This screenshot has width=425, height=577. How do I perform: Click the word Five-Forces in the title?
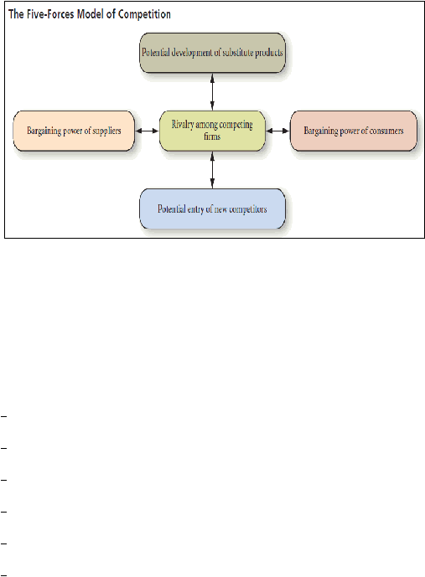pyautogui.click(x=50, y=14)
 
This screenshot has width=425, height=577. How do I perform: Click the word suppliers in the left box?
pyautogui.click(x=106, y=131)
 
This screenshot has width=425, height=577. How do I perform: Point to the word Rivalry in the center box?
pyautogui.click(x=183, y=125)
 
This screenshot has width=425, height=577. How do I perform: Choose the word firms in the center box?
pyautogui.click(x=212, y=137)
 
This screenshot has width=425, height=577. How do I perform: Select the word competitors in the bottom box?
pyautogui.click(x=248, y=209)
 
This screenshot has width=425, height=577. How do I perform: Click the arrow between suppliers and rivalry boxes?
pyautogui.click(x=147, y=131)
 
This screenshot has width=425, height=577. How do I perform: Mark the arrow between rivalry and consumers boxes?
pyautogui.click(x=277, y=131)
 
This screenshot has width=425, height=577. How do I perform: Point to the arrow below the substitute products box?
pyautogui.click(x=212, y=91)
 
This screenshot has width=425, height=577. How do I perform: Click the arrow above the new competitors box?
pyautogui.click(x=212, y=170)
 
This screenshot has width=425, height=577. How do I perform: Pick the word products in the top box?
pyautogui.click(x=269, y=53)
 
